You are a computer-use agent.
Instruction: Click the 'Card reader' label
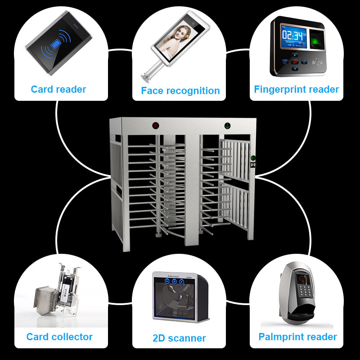[58, 89]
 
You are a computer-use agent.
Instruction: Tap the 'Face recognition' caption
[180, 90]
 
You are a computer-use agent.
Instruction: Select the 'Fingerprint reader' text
[296, 89]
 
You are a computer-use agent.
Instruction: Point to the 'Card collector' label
[59, 337]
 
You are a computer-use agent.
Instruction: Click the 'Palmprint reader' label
[297, 337]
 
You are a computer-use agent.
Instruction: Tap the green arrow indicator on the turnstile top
[228, 126]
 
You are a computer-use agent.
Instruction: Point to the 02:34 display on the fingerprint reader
[292, 36]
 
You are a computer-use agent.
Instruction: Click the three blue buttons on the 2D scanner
[175, 282]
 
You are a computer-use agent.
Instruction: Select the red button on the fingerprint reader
[295, 61]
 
